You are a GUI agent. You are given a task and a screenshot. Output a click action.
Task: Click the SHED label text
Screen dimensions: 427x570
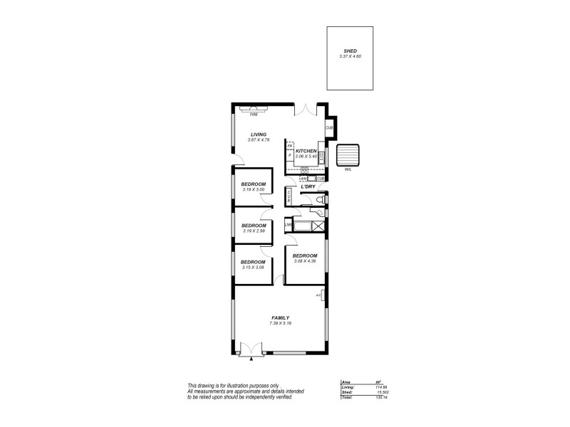tap(350, 51)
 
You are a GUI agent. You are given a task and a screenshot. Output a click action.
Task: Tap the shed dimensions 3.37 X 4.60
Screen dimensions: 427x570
tap(350, 56)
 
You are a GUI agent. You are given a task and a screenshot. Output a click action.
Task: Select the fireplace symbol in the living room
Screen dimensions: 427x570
tap(253, 109)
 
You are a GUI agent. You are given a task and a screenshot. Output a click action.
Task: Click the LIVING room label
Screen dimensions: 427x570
tap(258, 135)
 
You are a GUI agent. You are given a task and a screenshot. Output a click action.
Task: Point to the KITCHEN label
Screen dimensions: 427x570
tap(306, 151)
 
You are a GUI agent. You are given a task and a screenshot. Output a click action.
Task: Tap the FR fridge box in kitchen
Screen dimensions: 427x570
tap(290, 146)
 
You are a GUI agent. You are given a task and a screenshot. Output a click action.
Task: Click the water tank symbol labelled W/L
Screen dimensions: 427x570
tap(348, 154)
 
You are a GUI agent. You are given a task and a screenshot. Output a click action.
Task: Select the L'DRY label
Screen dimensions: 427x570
tap(309, 187)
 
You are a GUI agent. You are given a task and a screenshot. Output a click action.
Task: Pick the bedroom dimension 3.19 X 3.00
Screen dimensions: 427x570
tap(253, 190)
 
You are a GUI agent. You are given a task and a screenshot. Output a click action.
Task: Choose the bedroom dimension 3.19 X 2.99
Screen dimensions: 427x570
tap(253, 231)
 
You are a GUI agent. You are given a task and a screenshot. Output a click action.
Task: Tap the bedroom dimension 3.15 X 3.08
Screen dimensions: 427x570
tap(253, 268)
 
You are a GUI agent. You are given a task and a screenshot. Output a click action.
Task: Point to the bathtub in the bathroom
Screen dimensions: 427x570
tap(302, 226)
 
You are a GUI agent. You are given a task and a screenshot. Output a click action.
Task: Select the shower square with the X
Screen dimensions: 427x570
tap(320, 226)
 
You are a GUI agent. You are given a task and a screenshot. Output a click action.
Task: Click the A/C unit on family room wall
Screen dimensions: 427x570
tap(323, 295)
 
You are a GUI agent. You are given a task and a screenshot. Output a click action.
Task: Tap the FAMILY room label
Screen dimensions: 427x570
tap(280, 317)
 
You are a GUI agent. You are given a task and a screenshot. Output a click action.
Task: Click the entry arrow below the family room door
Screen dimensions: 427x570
tap(251, 361)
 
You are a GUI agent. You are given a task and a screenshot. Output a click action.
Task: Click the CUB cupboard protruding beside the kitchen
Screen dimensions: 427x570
tap(329, 127)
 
